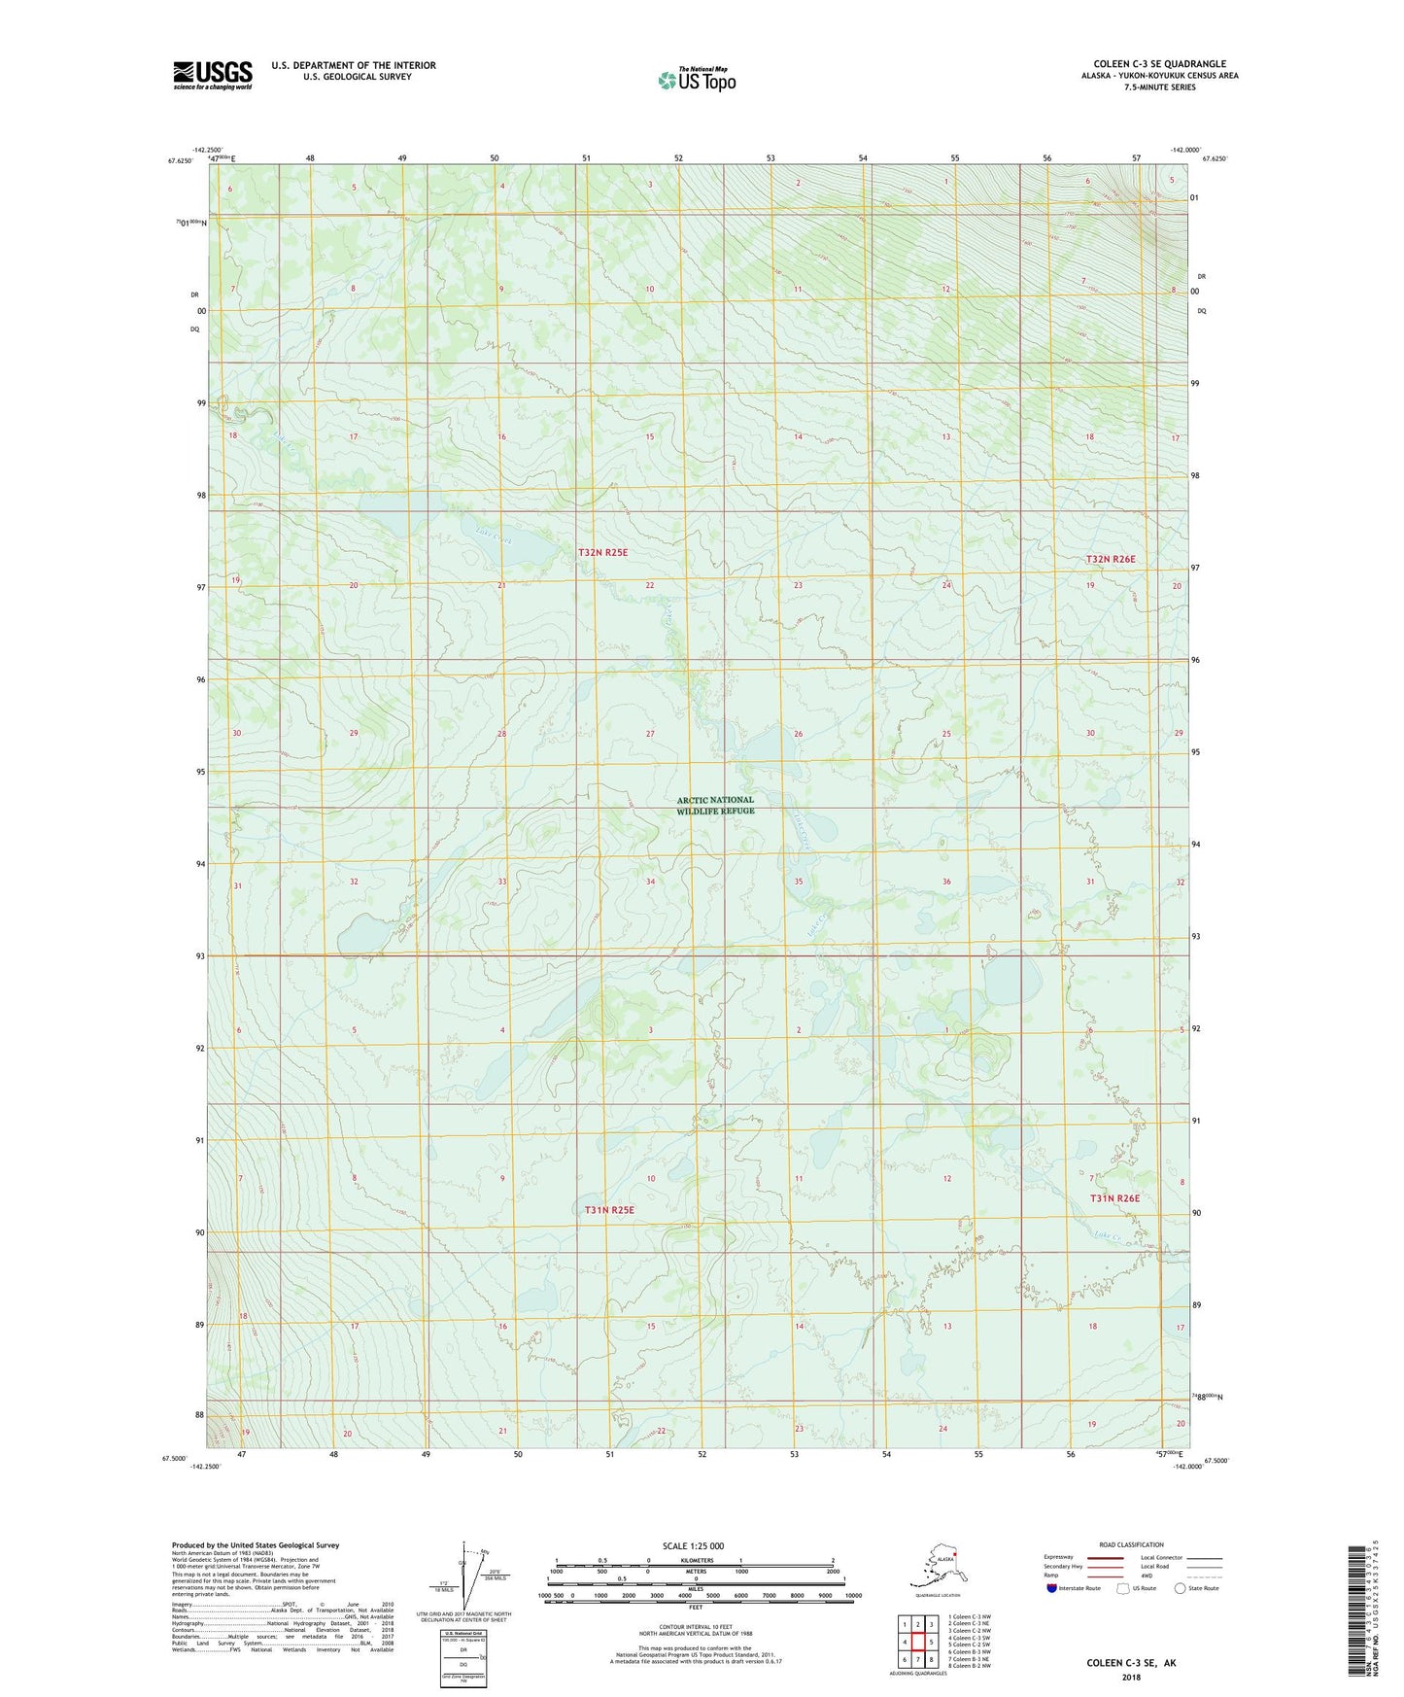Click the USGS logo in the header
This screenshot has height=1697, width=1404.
click(x=212, y=75)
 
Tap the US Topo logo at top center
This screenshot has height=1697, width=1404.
click(x=696, y=80)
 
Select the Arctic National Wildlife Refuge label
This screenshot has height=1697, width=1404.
click(x=715, y=805)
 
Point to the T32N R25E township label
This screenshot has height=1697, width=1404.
click(x=602, y=552)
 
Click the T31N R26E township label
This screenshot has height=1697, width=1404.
click(x=1113, y=1198)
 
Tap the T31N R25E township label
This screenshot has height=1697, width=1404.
click(x=609, y=1210)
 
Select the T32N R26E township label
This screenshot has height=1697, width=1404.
click(x=1111, y=559)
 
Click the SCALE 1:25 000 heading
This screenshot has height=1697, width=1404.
click(x=694, y=1546)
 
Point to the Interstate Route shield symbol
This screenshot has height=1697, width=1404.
click(x=1051, y=1588)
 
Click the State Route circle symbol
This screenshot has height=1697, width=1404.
click(x=1181, y=1588)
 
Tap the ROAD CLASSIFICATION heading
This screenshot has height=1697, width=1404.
click(x=1131, y=1544)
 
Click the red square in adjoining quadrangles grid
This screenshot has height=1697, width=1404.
click(x=917, y=1642)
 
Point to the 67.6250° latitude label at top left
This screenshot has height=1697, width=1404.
click(x=180, y=160)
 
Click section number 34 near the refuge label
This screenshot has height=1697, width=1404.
click(x=650, y=882)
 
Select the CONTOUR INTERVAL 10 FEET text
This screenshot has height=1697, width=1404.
click(x=695, y=1625)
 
